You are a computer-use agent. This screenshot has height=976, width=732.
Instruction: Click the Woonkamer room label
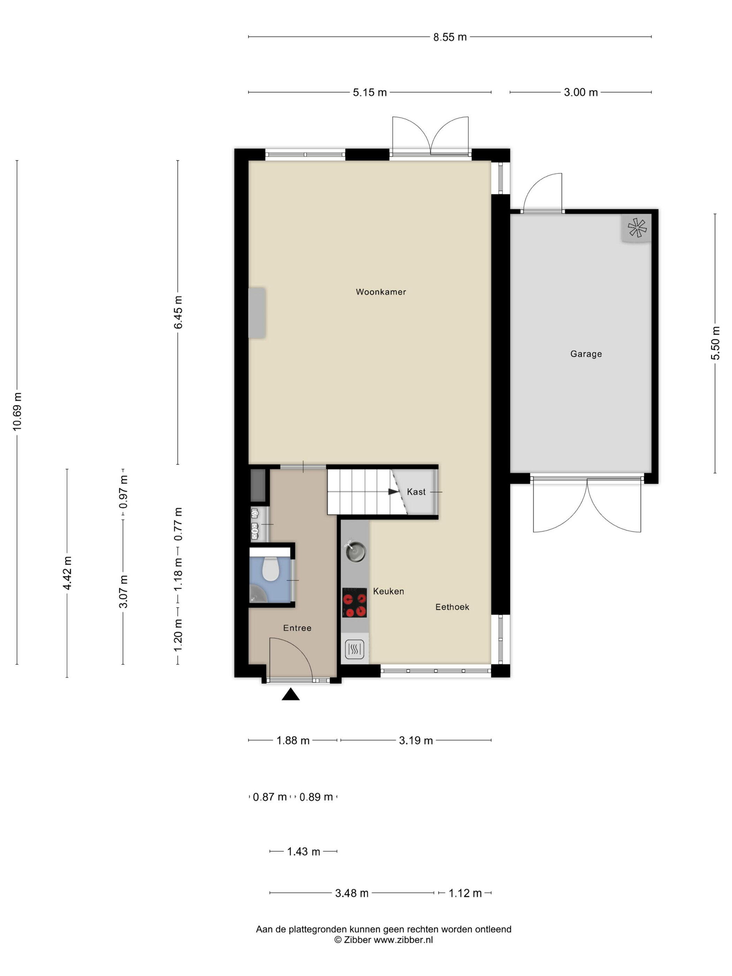[x=381, y=292]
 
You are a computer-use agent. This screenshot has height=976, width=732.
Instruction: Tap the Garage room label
[x=586, y=354]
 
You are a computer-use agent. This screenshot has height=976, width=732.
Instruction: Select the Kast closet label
[x=416, y=491]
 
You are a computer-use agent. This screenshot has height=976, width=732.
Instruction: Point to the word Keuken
[x=388, y=591]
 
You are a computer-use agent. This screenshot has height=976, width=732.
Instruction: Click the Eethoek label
[x=452, y=607]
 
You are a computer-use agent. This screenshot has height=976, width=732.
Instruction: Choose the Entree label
[x=297, y=628]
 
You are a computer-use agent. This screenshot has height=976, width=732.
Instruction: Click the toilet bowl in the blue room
[x=270, y=569]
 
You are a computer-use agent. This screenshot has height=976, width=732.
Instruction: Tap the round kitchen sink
[x=355, y=552]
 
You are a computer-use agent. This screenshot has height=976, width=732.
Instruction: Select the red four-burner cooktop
[x=354, y=603]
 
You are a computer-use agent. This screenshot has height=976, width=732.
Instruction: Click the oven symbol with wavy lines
[x=355, y=649]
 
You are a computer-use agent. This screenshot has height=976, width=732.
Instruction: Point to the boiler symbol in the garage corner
[x=637, y=228]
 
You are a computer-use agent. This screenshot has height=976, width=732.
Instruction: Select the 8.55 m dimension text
[x=450, y=37]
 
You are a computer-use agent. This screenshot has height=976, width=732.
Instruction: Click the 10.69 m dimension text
[x=17, y=411]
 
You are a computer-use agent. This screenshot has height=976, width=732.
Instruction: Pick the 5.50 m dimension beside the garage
[x=715, y=343]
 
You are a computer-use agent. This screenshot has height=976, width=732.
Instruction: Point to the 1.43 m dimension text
[x=304, y=852]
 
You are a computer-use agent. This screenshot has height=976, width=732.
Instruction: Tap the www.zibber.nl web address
[x=403, y=940]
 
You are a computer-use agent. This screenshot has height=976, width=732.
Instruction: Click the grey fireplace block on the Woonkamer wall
[x=257, y=313]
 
